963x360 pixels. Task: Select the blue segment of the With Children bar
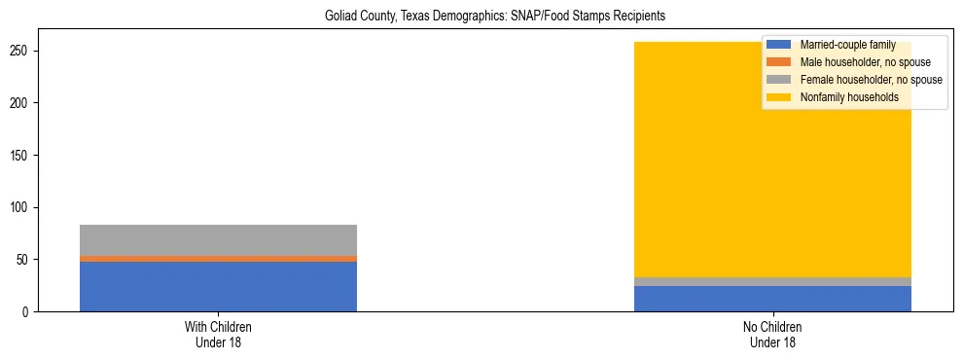(218, 286)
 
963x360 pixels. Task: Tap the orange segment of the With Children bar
(218, 259)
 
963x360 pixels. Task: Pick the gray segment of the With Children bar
(218, 240)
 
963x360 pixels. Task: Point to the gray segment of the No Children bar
(772, 281)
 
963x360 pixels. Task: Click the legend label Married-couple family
(847, 45)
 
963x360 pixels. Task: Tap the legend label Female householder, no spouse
(871, 80)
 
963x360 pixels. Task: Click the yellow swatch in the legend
(779, 97)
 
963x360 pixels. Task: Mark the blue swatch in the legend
(779, 45)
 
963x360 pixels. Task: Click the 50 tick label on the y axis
(29, 260)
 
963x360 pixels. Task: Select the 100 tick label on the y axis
(26, 207)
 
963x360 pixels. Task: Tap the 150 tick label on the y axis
(26, 155)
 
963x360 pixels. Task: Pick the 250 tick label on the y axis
(26, 51)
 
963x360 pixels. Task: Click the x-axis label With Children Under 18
(218, 334)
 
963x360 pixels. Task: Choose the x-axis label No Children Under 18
(772, 334)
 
